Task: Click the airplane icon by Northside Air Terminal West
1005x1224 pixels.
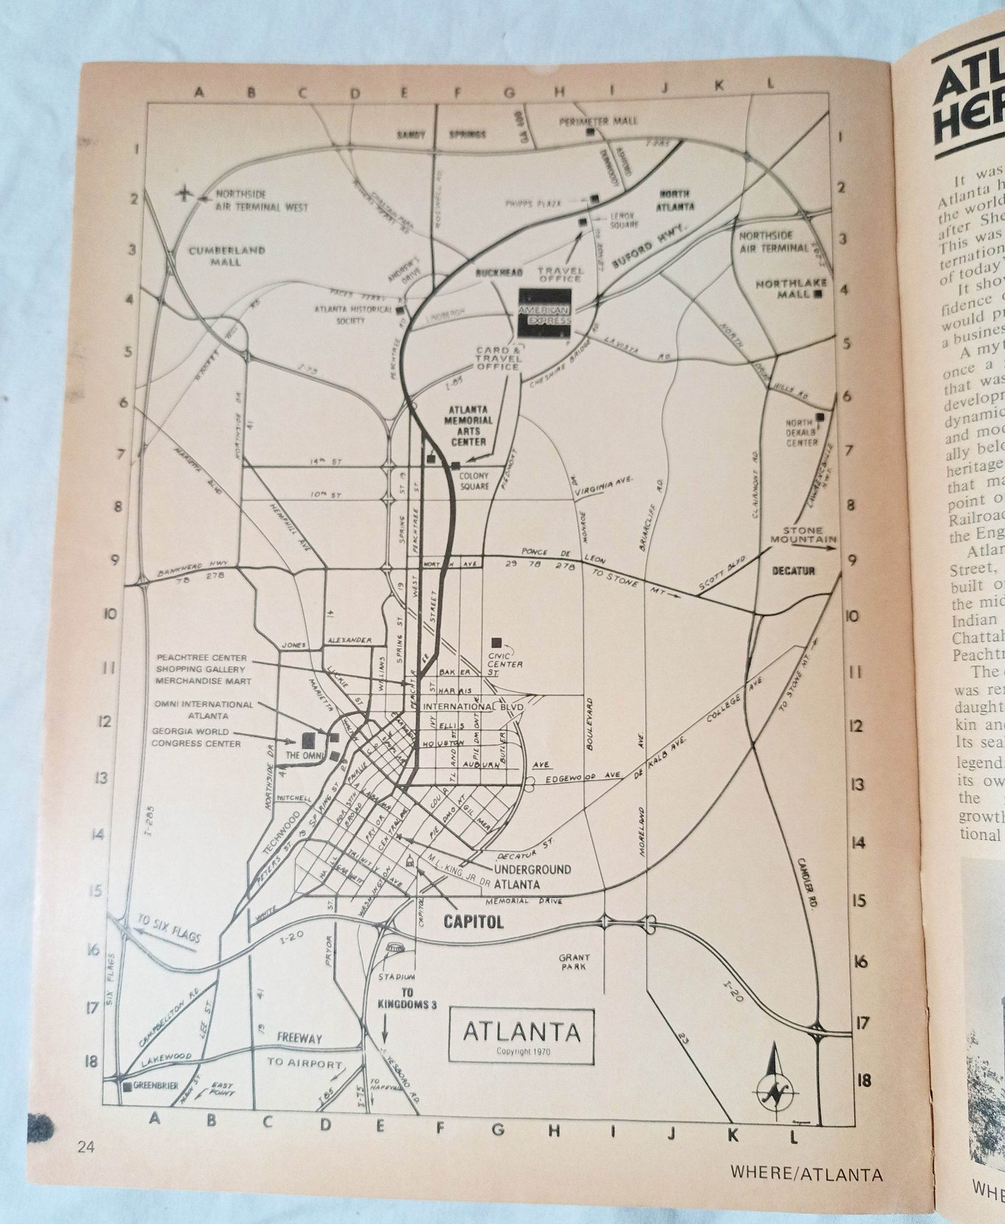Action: click(186, 193)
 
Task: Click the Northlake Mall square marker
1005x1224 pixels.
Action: click(818, 294)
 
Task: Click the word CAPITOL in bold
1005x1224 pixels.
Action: click(473, 921)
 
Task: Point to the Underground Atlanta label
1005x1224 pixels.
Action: click(532, 876)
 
